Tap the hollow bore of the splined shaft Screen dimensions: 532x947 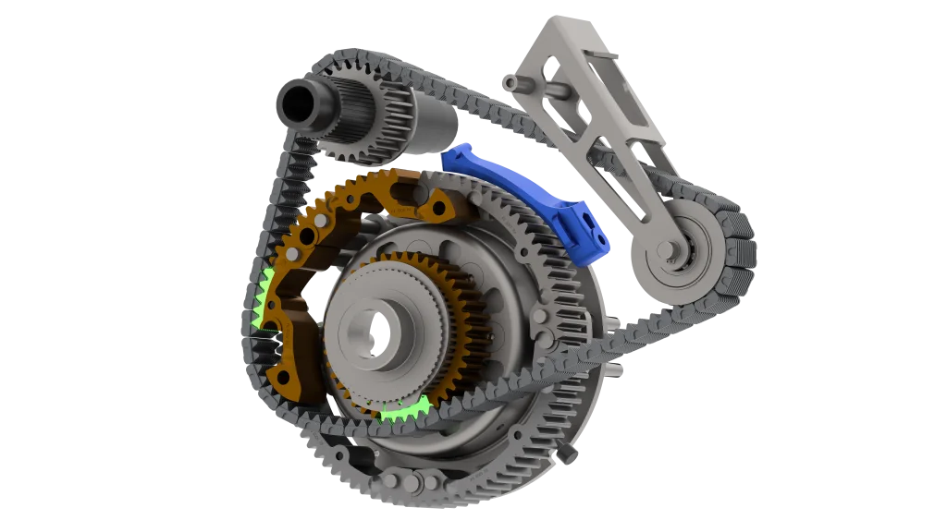(298, 103)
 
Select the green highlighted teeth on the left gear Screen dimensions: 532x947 (261, 300)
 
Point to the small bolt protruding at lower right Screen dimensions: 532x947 (567, 452)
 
